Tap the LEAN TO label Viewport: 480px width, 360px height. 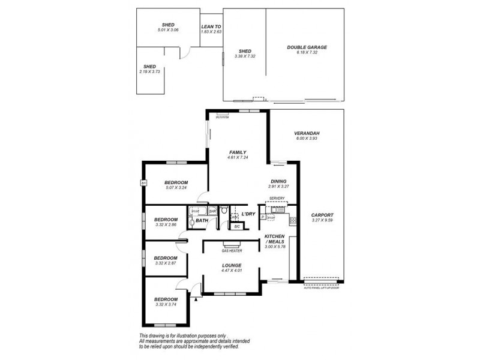tap(211, 26)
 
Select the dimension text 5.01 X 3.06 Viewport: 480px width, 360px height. tap(168, 30)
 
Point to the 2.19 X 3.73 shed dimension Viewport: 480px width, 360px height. tap(149, 71)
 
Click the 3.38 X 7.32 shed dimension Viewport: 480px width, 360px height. tap(244, 56)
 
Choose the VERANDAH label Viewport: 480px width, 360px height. tap(306, 133)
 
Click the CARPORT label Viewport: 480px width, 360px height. tap(322, 215)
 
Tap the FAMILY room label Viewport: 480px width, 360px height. tap(237, 152)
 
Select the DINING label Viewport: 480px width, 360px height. tap(278, 181)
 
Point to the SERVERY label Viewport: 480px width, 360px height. tap(277, 198)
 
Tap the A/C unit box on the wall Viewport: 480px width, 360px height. tap(143, 182)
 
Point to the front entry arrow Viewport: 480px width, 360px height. tap(196, 297)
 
